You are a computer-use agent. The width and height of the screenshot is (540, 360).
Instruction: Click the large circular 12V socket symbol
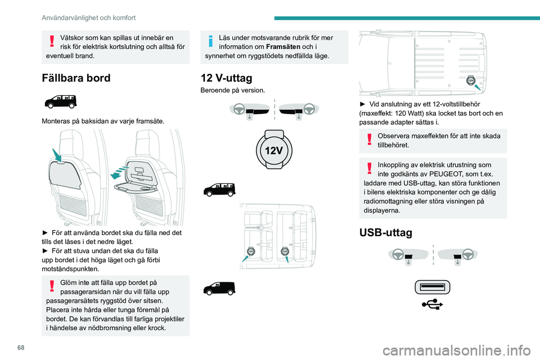[274, 150]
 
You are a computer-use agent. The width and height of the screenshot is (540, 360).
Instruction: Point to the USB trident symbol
[433, 304]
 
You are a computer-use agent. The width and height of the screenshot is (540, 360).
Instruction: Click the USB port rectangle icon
[433, 287]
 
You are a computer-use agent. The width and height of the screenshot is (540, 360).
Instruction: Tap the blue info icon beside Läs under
[209, 42]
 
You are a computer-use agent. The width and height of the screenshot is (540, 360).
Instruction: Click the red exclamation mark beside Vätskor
[52, 42]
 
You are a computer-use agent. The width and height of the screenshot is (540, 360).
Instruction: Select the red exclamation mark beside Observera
[368, 140]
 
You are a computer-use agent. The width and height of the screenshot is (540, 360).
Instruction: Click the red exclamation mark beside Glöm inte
[52, 287]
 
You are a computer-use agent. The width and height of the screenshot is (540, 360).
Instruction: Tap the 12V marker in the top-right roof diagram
[470, 81]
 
